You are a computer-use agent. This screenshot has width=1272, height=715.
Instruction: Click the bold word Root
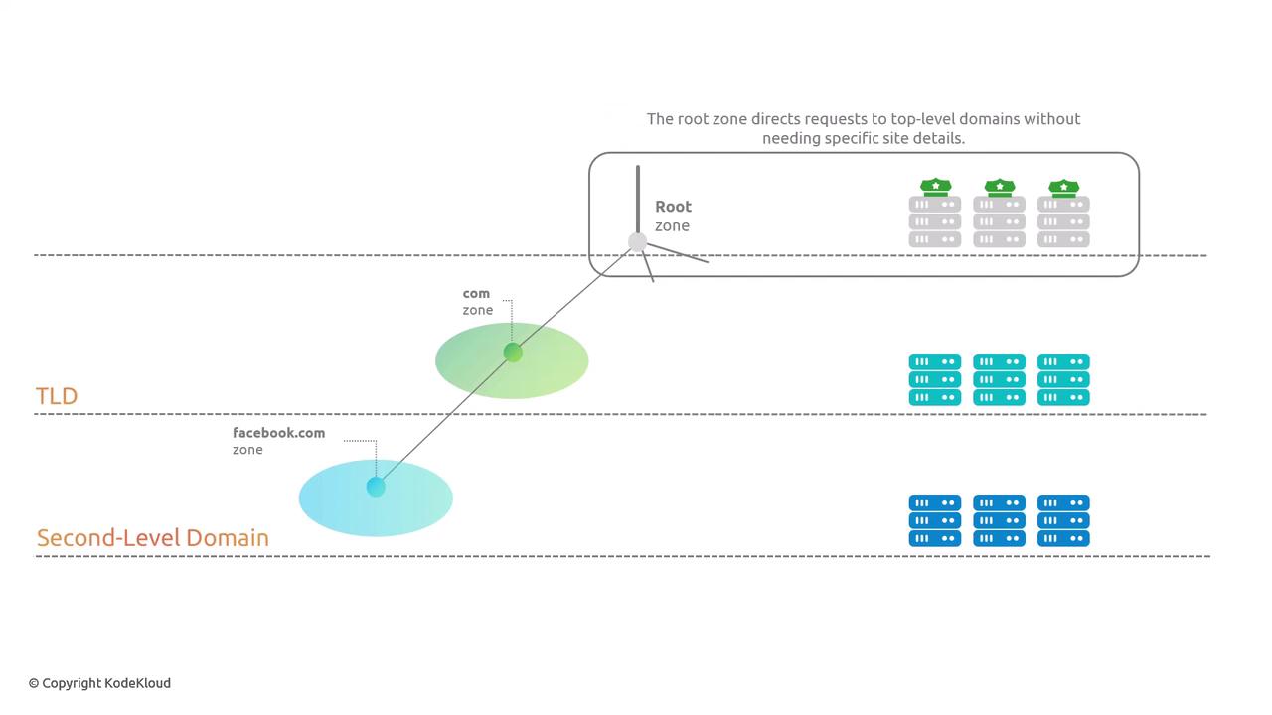coord(673,207)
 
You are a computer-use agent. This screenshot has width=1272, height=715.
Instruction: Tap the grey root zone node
coord(638,241)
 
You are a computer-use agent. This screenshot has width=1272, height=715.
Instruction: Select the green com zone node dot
coord(513,353)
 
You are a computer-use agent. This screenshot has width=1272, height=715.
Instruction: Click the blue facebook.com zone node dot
coord(376,487)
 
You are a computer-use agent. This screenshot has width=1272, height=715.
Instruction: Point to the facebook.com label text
coord(278,433)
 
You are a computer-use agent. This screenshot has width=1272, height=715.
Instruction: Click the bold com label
coord(476,294)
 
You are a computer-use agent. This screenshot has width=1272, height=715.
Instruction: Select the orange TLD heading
coord(57,396)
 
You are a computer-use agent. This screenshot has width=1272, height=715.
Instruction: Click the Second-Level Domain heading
coord(153,538)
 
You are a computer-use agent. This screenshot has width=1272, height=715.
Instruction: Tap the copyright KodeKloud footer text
coord(99,683)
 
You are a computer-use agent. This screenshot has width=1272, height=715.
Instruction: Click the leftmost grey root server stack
coord(934,221)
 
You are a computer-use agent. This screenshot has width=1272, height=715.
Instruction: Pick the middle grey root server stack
coord(999,221)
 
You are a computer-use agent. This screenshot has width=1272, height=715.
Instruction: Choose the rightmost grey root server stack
coord(1063,221)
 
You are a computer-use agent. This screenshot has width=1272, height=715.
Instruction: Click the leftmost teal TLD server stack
coord(934,379)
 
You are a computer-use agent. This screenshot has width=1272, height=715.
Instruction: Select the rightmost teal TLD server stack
coord(1063,379)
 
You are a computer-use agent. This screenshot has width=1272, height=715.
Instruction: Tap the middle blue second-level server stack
coord(999,520)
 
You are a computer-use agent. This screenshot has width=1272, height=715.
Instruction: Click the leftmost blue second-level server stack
coord(934,520)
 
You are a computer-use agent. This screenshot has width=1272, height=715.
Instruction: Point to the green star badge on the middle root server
coord(999,187)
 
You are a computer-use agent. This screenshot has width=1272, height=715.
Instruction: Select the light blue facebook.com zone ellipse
coord(417,501)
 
